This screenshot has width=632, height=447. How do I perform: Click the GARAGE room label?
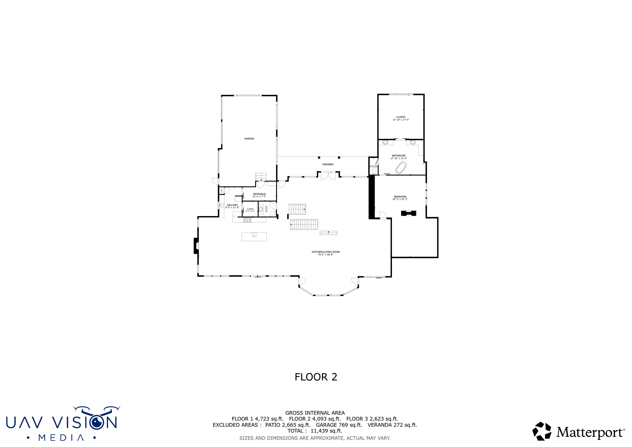tap(249, 139)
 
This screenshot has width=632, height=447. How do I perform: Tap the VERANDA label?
tap(328, 165)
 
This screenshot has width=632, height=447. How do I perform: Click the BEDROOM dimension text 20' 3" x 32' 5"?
tap(400, 199)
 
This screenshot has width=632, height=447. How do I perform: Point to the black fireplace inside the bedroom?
tap(409, 213)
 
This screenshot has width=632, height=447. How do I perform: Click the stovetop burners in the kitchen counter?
tap(247, 220)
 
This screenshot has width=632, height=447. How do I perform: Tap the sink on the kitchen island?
tap(254, 235)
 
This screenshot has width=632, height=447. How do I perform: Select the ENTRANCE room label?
tap(259, 194)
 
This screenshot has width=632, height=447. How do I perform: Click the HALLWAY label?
tap(232, 205)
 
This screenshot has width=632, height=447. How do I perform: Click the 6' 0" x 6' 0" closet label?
tap(250, 210)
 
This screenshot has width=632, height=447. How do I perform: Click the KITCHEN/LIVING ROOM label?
tap(326, 252)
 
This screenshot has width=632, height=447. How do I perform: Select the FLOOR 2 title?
tap(316, 377)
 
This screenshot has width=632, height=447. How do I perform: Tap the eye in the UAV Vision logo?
tap(98, 422)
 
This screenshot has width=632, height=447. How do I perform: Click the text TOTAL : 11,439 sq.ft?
tap(315, 431)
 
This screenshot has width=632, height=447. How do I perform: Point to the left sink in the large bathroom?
tap(385, 142)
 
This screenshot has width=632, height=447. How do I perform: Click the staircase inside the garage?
tap(261, 177)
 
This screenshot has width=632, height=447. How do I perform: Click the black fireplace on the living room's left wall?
tap(196, 246)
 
